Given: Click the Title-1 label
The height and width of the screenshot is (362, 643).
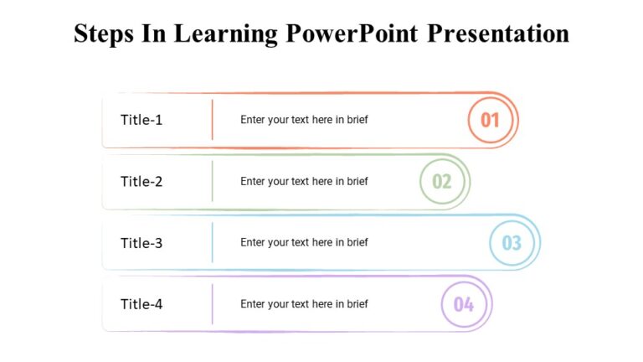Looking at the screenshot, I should [141, 120].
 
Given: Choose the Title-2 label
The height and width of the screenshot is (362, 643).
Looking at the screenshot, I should [141, 181].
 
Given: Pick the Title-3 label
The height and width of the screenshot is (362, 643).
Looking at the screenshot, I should [141, 243].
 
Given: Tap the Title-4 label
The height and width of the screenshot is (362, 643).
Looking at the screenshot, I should [141, 304].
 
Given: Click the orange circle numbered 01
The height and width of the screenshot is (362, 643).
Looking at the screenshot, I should [490, 120].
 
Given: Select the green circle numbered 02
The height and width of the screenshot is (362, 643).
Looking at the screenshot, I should [442, 181].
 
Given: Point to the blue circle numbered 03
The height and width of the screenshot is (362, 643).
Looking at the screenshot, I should [512, 243].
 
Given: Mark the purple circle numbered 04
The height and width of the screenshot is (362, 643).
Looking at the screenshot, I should [464, 304].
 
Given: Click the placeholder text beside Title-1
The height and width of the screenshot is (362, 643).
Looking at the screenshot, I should [304, 120].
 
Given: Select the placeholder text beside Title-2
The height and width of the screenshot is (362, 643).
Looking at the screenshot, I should [304, 181].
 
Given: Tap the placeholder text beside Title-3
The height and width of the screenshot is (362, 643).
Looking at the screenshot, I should [304, 243].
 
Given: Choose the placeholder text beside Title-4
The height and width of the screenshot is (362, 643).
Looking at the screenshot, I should [304, 304].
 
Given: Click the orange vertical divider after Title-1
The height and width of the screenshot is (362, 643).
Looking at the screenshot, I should [213, 120].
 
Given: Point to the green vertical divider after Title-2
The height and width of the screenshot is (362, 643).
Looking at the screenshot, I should [213, 181].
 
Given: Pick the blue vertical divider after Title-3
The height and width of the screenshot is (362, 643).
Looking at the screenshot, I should [213, 243].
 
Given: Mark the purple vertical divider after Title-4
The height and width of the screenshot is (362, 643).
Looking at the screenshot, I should [213, 304].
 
